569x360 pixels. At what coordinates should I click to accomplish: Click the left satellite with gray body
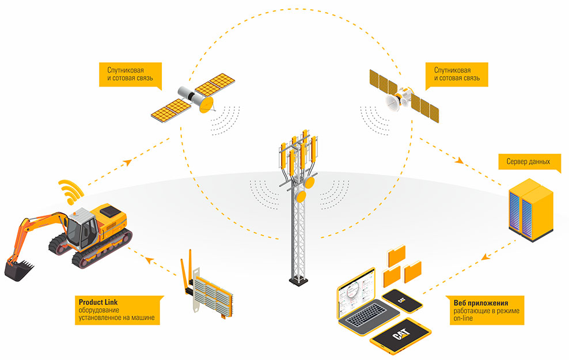[189, 98]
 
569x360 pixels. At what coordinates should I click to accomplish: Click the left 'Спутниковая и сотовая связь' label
[127, 74]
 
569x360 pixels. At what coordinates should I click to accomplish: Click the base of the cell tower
[298, 279]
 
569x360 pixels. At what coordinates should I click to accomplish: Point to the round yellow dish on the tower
[309, 183]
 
